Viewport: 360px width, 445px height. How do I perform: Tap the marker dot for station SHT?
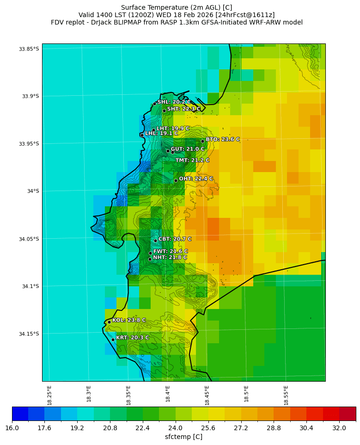coord(164,111)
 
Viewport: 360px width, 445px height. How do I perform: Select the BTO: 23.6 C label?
coord(223,139)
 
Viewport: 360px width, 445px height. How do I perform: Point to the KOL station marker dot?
coord(109,322)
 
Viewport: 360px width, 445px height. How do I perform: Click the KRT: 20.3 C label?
coord(132,338)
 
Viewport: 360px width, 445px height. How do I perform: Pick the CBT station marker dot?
coord(155,241)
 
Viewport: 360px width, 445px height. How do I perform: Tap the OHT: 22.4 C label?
coord(196,179)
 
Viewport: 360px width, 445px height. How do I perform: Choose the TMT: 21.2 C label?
coord(192,160)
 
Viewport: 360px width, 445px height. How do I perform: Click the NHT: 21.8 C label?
coord(170,257)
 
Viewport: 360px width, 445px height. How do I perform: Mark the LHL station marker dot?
coord(142,135)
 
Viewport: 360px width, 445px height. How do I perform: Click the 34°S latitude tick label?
coord(32,191)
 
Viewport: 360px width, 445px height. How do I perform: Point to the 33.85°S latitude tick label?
coord(29,49)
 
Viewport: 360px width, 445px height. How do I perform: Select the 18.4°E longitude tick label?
coord(168,396)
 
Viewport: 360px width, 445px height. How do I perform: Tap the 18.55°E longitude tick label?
coord(286,396)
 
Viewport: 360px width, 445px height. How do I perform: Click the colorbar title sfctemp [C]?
coord(183,437)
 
